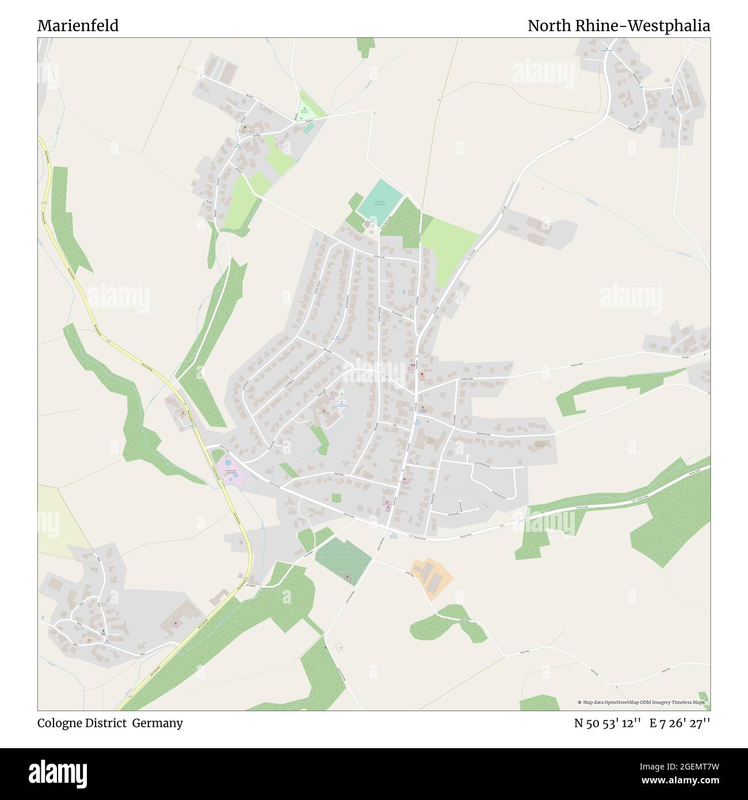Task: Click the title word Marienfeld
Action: pyautogui.click(x=78, y=26)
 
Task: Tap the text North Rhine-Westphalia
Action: pyautogui.click(x=619, y=26)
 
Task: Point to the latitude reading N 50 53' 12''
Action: pyautogui.click(x=608, y=723)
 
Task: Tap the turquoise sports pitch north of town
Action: pyautogui.click(x=380, y=201)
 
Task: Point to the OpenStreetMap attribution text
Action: pyautogui.click(x=643, y=702)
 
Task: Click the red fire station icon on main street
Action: pyautogui.click(x=422, y=375)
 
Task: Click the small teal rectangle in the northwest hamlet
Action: pyautogui.click(x=310, y=128)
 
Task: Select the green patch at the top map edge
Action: pyautogui.click(x=365, y=47)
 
